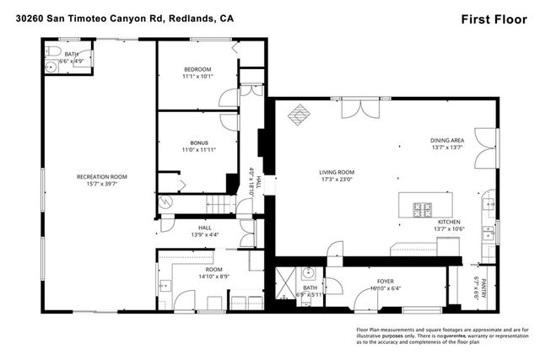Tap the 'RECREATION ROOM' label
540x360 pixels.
tap(101, 176)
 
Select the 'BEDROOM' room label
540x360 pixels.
tap(197, 68)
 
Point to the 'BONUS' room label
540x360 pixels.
tap(198, 142)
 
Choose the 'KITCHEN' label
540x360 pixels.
tap(448, 221)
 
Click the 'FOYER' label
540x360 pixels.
tap(386, 281)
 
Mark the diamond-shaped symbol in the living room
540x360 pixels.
tap(300, 113)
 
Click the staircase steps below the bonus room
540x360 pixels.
tap(221, 205)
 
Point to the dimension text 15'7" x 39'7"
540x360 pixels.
tap(101, 184)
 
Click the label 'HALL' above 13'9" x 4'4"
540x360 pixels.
tap(205, 227)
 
